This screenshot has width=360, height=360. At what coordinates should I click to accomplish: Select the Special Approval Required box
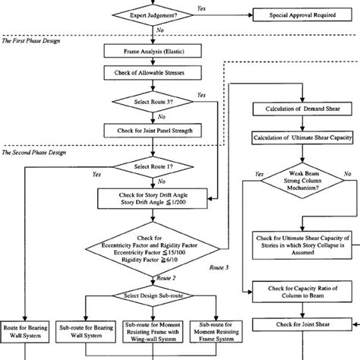pos(298,14)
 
